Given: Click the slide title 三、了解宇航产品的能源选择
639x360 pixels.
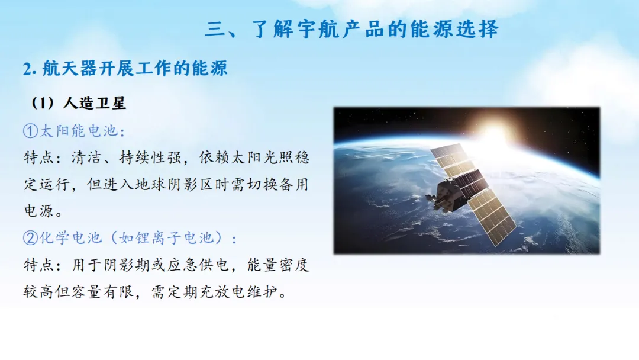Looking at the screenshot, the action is (x=351, y=29).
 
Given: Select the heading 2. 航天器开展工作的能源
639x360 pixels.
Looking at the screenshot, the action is (x=125, y=68).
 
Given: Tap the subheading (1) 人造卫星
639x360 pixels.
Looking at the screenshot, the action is (x=79, y=103).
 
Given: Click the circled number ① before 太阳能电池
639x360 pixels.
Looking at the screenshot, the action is (x=31, y=131).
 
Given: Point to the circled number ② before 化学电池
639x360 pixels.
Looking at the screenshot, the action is (x=31, y=237).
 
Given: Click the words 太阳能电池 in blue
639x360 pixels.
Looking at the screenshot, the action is (x=79, y=131).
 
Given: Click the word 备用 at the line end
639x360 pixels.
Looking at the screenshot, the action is (x=294, y=184).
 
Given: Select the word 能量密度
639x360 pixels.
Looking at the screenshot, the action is (x=278, y=265).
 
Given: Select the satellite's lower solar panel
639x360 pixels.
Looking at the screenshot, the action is (x=492, y=218).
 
